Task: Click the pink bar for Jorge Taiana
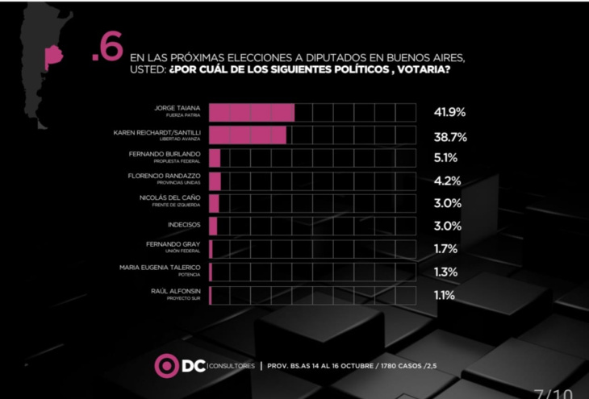tap(251, 112)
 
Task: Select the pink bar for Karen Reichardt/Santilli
tap(247, 135)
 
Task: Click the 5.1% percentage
tap(445, 159)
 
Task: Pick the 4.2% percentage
tap(446, 181)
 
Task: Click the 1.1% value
tap(444, 295)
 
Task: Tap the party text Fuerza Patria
tap(182, 115)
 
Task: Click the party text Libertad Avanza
tap(179, 138)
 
